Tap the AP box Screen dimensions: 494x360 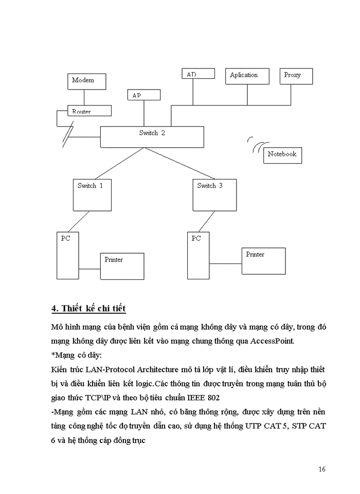[x=144, y=95]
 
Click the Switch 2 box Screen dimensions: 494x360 [x=152, y=136]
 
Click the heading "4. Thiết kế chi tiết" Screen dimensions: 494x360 [x=89, y=309]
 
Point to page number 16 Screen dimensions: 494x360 [x=322, y=469]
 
